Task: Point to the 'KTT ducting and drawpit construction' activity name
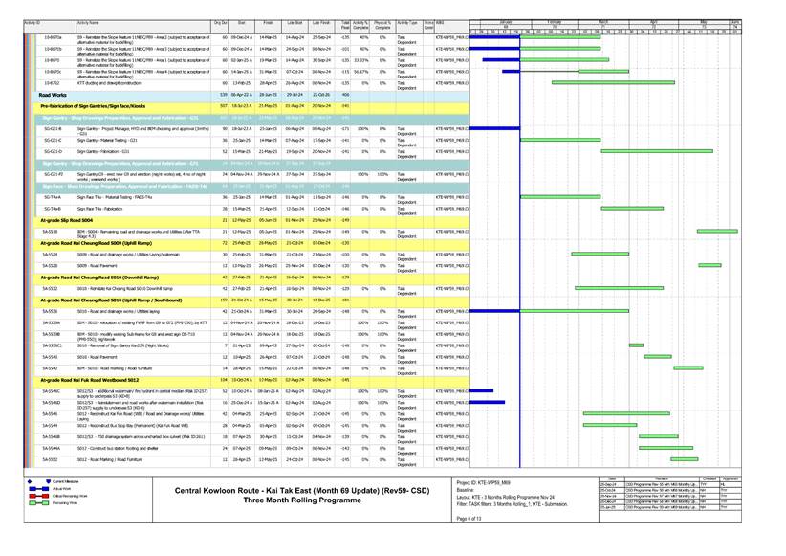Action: tap(113, 83)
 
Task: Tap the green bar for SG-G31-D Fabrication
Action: tap(656, 151)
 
